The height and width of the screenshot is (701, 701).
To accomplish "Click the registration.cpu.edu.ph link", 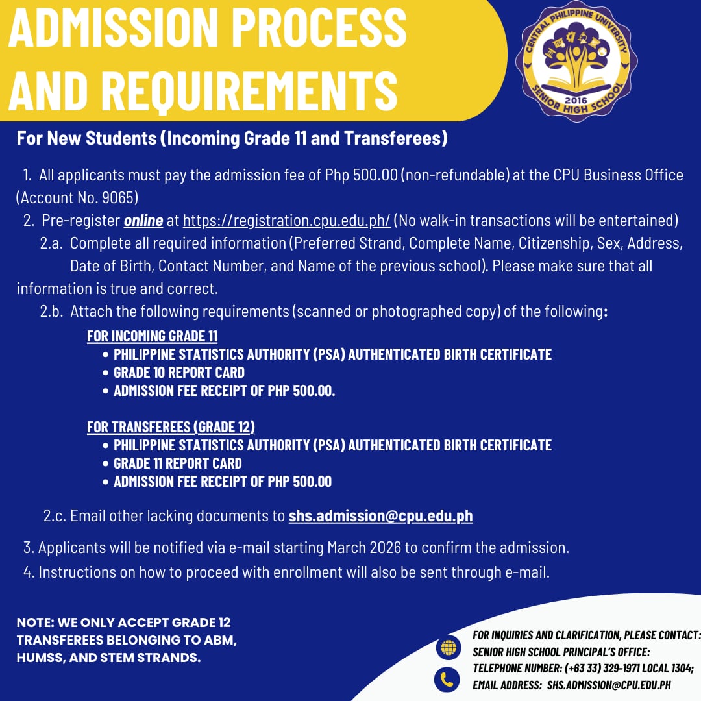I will (286, 221).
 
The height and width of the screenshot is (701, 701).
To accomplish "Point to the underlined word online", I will (143, 221).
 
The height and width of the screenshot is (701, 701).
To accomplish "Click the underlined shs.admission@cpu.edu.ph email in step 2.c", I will (380, 516).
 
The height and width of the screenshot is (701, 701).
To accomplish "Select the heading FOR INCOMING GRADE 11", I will (152, 336).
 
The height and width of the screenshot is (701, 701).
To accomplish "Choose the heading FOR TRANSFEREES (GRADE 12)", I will (171, 427).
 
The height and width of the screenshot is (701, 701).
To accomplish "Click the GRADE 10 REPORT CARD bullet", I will (178, 373).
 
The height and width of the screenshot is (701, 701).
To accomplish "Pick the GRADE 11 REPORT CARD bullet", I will (177, 463).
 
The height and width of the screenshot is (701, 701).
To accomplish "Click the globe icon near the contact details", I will (448, 647).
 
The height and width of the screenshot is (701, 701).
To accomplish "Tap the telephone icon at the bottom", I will (447, 680).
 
